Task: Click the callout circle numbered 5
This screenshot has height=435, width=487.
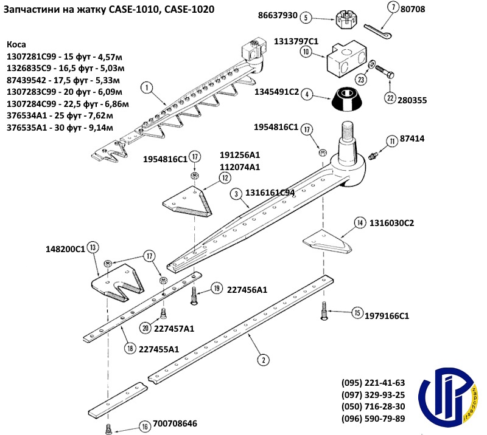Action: pyautogui.click(x=322, y=16)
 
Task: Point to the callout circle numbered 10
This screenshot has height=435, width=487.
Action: pyautogui.click(x=306, y=52)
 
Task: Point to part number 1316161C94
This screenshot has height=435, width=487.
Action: pyautogui.click(x=270, y=193)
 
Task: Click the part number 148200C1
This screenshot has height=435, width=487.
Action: pyautogui.click(x=66, y=249)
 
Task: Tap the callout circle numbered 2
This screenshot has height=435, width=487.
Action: pyautogui.click(x=262, y=359)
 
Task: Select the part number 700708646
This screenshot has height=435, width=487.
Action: pyautogui.click(x=176, y=423)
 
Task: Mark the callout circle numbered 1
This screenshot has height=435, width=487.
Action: pyautogui.click(x=146, y=88)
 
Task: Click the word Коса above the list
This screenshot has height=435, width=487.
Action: pyautogui.click(x=17, y=45)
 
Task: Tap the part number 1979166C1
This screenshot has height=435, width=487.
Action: pyautogui.click(x=387, y=316)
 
